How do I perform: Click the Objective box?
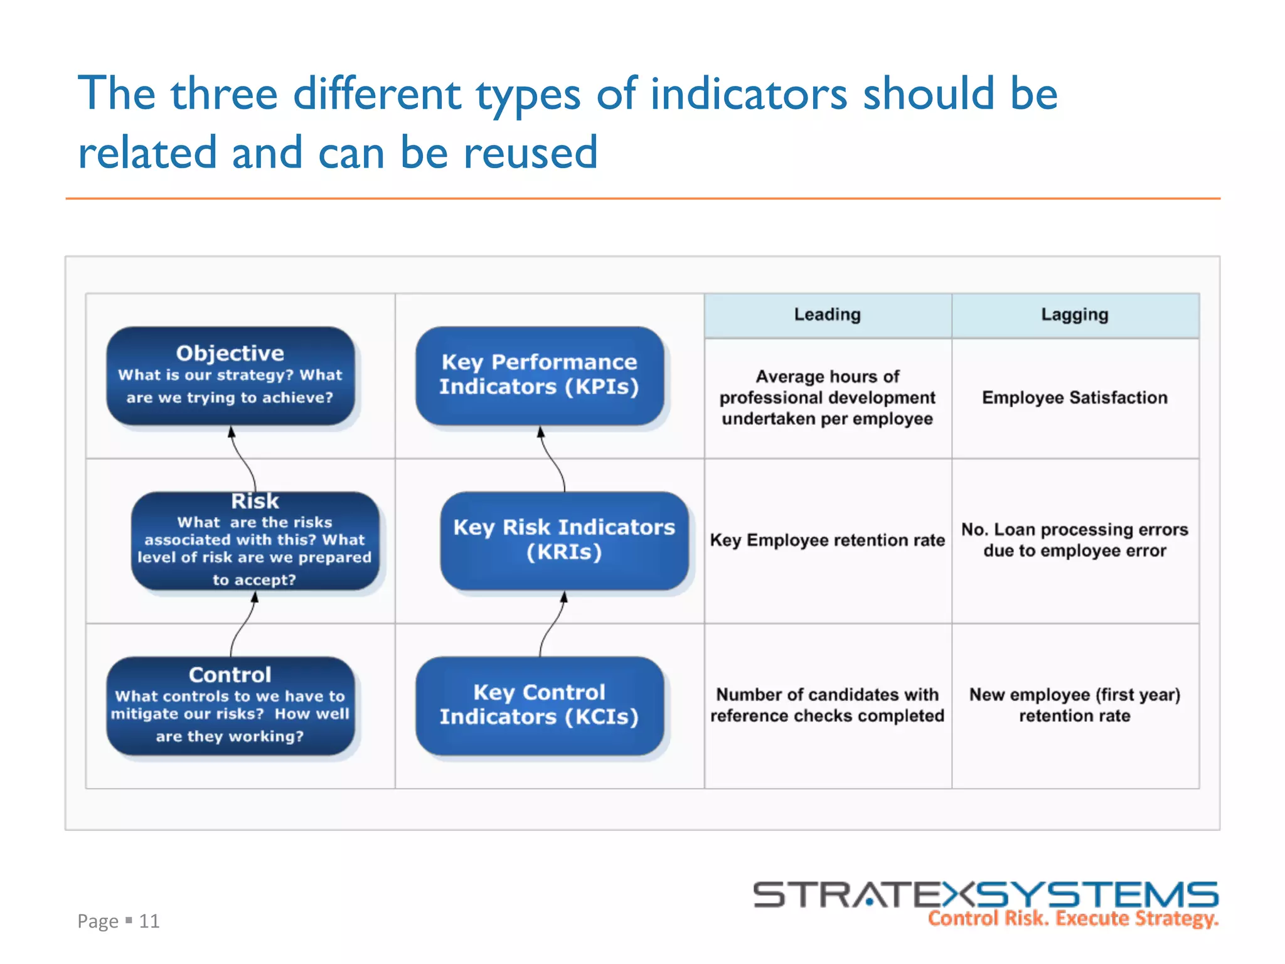tap(230, 375)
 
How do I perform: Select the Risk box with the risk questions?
tap(255, 540)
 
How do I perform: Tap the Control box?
tap(230, 705)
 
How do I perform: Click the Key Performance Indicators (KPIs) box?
tap(540, 375)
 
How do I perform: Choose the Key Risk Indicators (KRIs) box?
tap(564, 540)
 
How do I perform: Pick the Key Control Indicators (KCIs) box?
tap(540, 705)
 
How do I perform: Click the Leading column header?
tap(827, 315)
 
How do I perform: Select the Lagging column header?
tap(1075, 315)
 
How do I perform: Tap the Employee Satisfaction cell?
tap(1075, 398)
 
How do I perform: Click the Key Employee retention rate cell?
tap(827, 540)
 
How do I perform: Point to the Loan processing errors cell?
tap(1075, 540)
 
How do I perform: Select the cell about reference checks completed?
tap(827, 705)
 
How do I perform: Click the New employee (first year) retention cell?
tap(1075, 705)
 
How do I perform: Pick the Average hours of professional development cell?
tap(827, 398)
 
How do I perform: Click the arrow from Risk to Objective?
tap(244, 459)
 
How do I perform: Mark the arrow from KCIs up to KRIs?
tap(552, 624)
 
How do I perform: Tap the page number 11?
tap(149, 921)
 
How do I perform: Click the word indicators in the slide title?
tap(749, 94)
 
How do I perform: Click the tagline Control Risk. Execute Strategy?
tap(1073, 919)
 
